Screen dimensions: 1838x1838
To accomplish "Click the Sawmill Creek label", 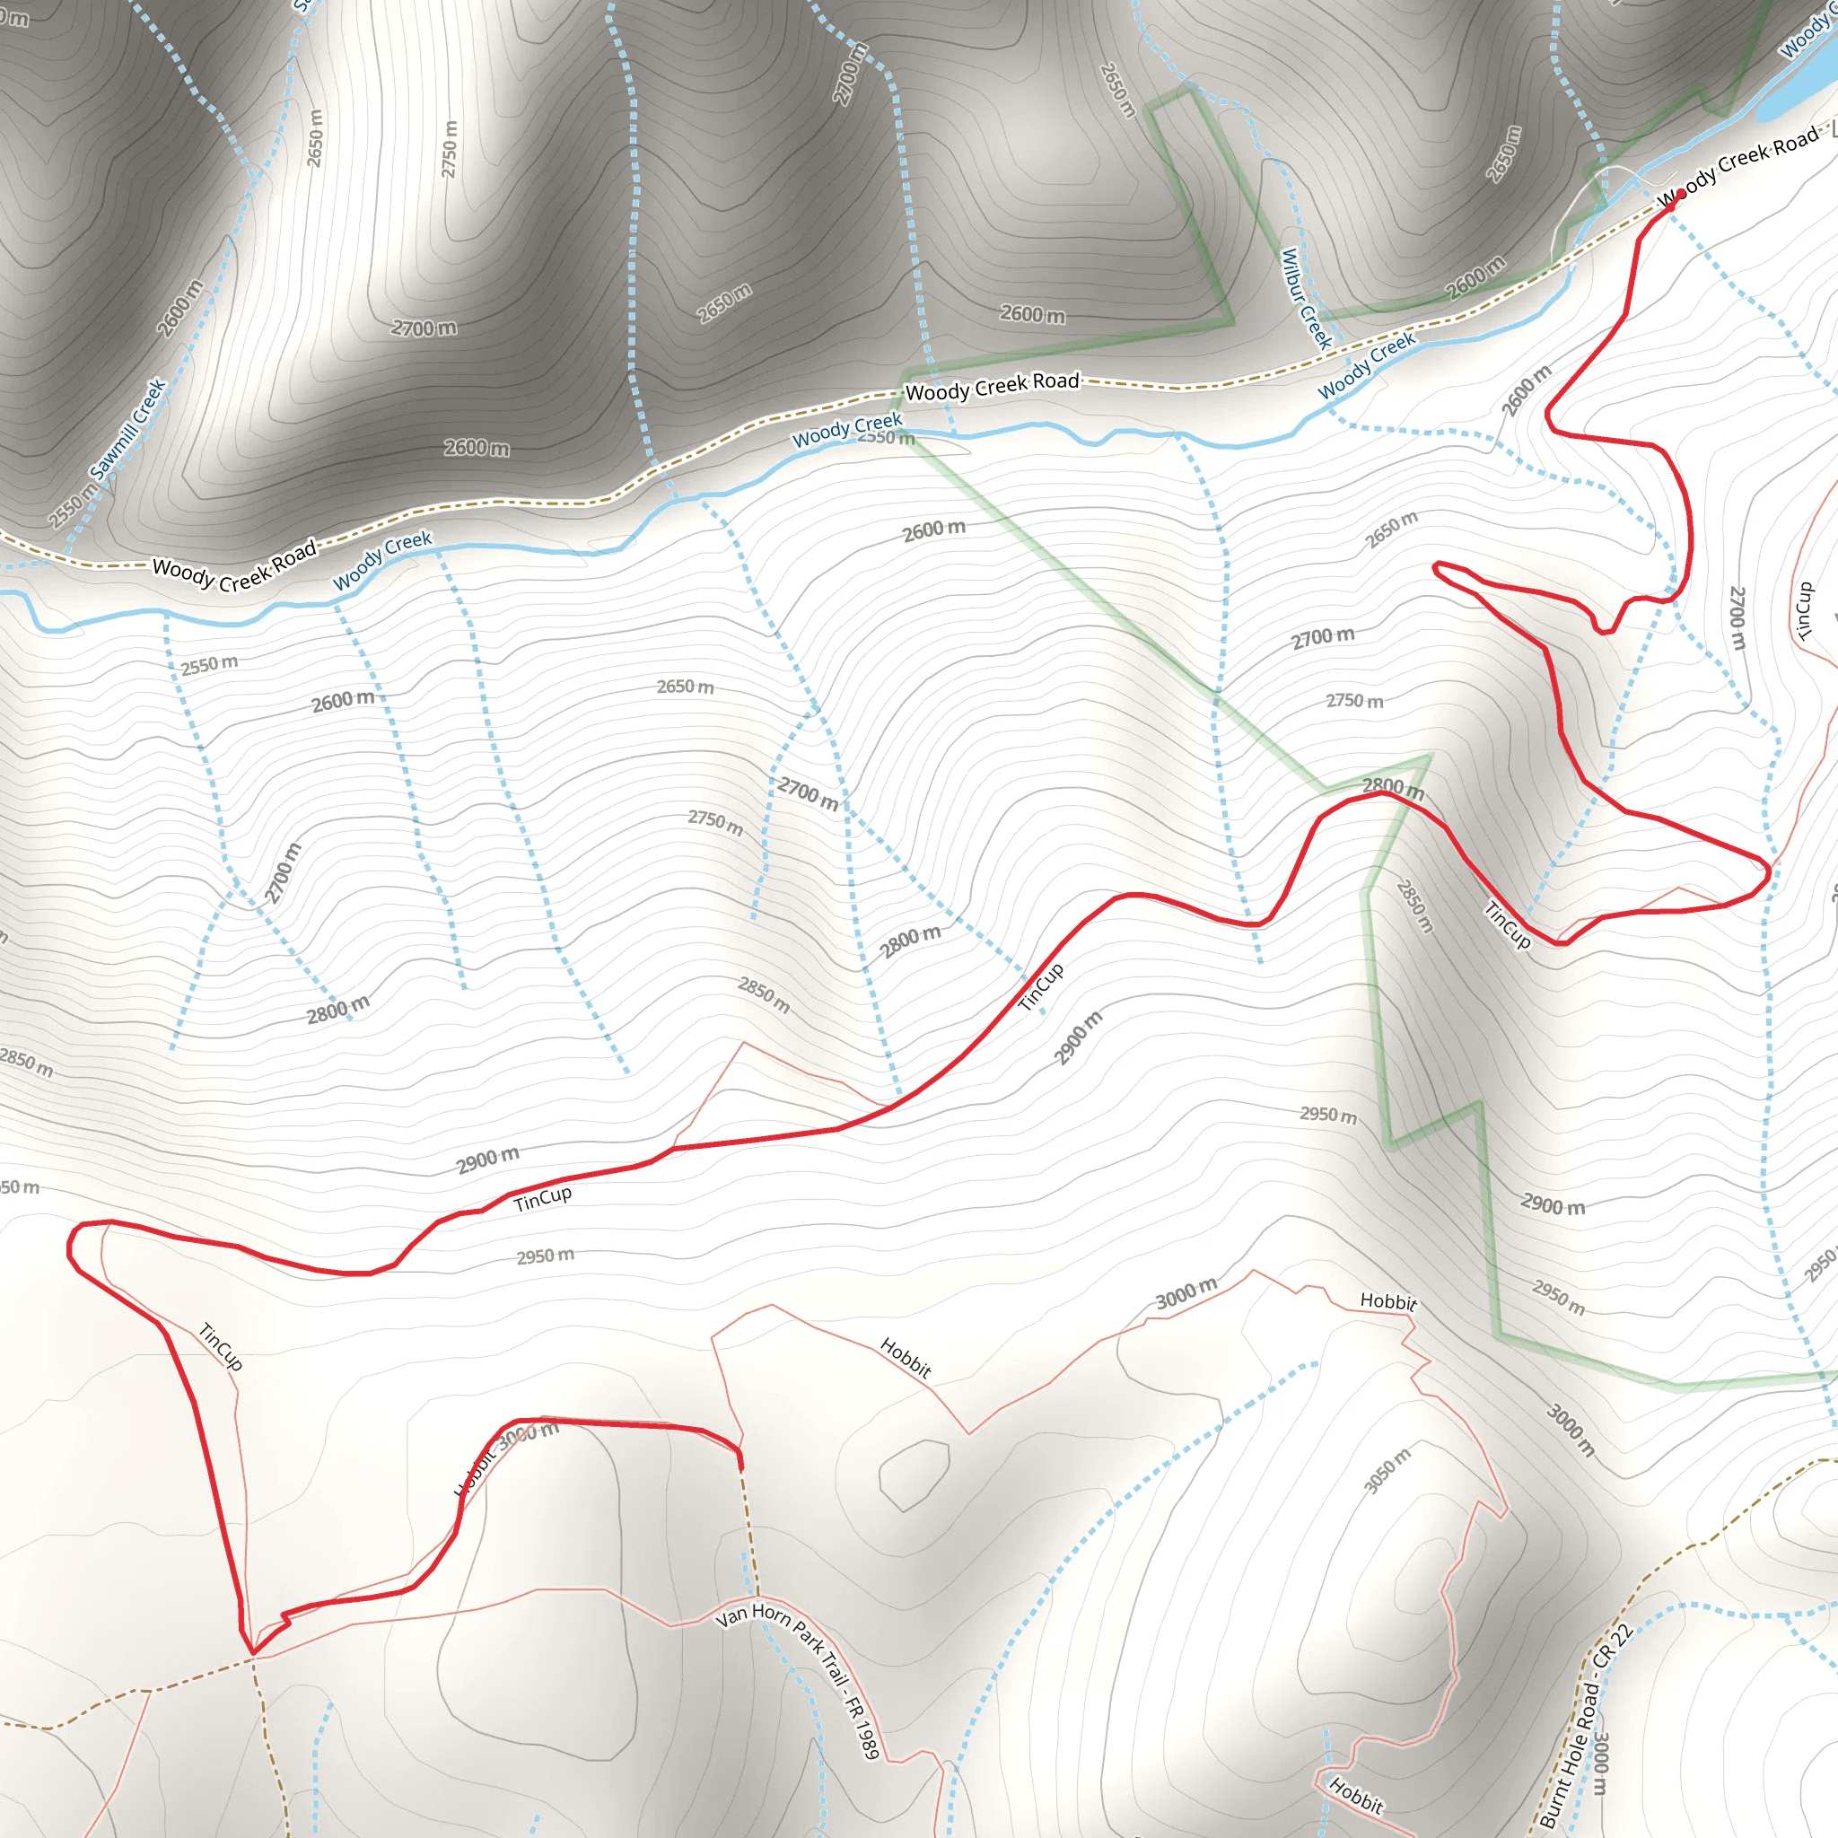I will (x=127, y=429).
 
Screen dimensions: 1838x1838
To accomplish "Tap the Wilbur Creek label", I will (x=1305, y=299).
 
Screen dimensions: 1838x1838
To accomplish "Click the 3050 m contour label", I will (x=1387, y=1471).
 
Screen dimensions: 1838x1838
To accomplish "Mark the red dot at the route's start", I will (x=1680, y=194).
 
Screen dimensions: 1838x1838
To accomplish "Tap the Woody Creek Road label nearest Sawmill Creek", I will (x=234, y=569).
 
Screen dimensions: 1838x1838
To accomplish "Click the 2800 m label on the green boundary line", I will (x=1393, y=788).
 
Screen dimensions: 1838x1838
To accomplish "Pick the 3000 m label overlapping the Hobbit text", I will (x=528, y=1432).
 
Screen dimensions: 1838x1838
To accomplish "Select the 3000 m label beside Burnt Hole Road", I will (x=1601, y=1763).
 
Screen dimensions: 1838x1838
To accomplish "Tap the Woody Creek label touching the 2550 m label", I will (x=846, y=430).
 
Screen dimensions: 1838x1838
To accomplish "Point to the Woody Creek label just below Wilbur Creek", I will (x=1366, y=366).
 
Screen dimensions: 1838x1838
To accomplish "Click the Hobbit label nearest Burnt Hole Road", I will (x=1357, y=1795).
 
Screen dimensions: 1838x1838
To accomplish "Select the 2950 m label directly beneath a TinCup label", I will (x=545, y=1256).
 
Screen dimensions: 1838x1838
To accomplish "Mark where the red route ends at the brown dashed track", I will (x=741, y=1468).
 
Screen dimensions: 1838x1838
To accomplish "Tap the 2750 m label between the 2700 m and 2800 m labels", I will (x=1354, y=701).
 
